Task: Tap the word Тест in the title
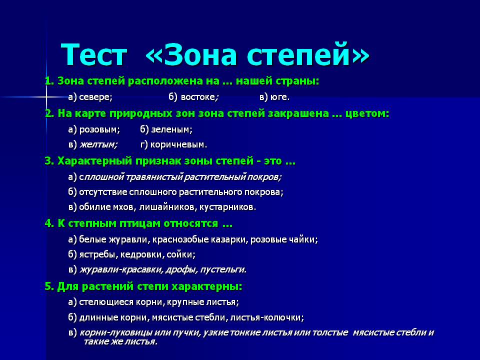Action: (x=93, y=55)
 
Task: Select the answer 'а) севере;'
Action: (x=90, y=97)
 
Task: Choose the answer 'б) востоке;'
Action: (x=193, y=97)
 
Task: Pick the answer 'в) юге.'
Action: (x=274, y=97)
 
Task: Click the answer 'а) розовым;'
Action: (x=94, y=130)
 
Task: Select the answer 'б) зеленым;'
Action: (x=166, y=129)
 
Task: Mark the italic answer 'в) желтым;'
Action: (x=93, y=144)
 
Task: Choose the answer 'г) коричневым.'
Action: (x=173, y=144)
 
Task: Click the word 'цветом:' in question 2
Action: (x=367, y=114)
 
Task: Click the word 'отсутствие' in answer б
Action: (x=103, y=192)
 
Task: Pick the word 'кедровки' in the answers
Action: (x=142, y=254)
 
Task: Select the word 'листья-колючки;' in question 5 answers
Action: (x=267, y=318)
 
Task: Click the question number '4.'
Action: (x=49, y=223)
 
